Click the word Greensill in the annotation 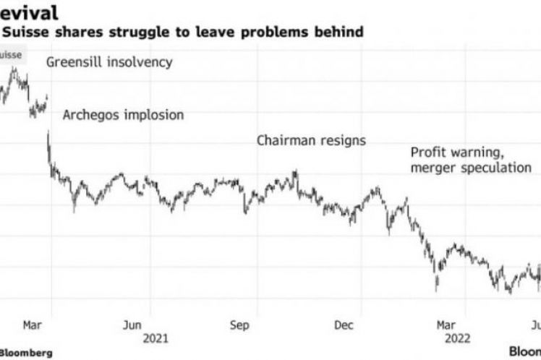74,62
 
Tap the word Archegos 93,115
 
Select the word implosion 154,115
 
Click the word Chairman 286,141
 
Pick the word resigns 342,141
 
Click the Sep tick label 240,325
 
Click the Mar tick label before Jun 32,325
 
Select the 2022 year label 459,338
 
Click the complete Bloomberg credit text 26,352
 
